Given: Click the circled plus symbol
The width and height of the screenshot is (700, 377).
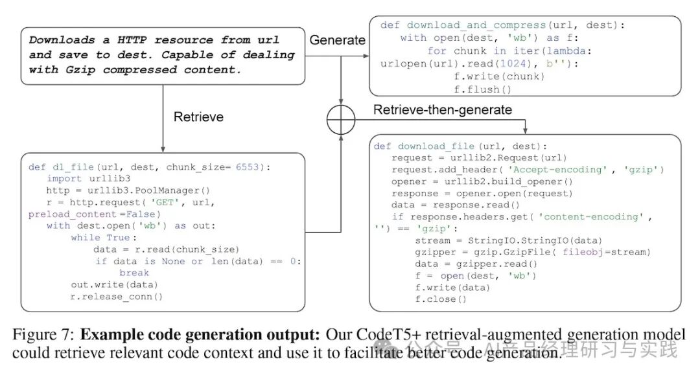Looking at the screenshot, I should tap(341, 120).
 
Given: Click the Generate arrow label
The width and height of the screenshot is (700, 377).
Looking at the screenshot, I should tap(337, 40).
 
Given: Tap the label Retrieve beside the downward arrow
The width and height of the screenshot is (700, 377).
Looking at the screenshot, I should tap(198, 117).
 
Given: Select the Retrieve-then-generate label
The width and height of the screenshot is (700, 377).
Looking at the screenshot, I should tap(443, 109).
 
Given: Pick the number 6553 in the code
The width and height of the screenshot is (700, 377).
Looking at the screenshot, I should tap(248, 166).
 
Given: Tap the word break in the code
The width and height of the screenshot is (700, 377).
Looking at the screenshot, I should tap(134, 273).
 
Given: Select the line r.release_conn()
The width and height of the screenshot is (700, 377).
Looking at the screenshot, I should tap(117, 297).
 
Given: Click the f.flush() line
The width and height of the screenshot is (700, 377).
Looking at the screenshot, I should tap(482, 89).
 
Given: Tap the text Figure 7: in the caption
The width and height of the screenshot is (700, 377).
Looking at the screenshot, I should tap(43, 335).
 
